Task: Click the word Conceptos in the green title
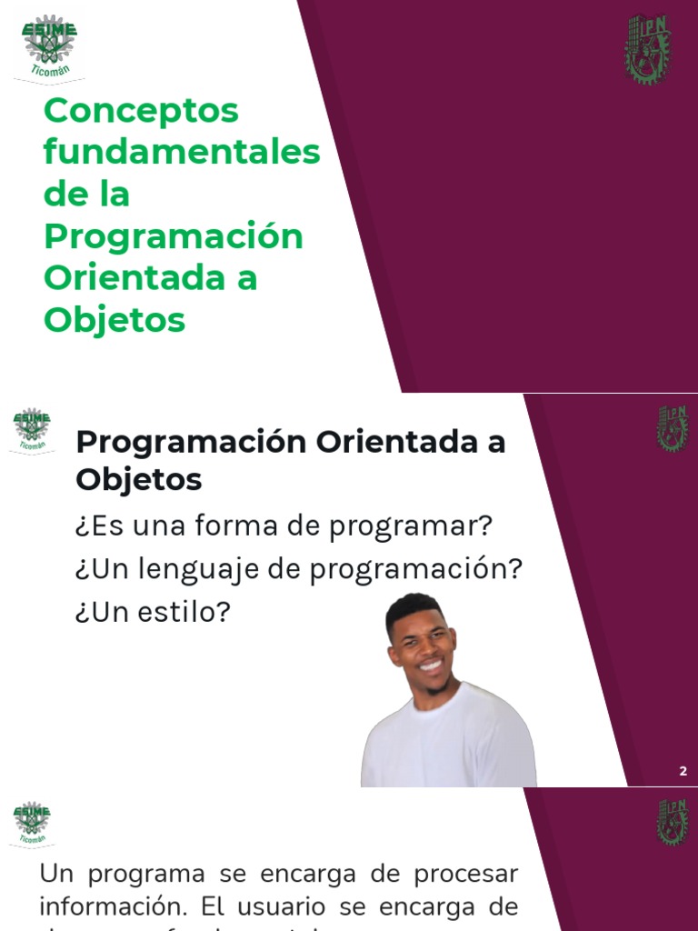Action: click(x=140, y=111)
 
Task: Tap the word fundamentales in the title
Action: click(x=182, y=152)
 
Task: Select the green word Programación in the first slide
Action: click(x=173, y=236)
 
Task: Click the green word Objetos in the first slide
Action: click(x=115, y=319)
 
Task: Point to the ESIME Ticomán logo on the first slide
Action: click(x=49, y=46)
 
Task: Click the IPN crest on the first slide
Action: click(x=647, y=49)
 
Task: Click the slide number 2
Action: click(x=683, y=772)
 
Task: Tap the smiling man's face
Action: click(x=422, y=646)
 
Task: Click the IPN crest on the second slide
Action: click(x=673, y=428)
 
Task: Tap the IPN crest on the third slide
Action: click(x=673, y=822)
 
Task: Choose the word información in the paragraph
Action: click(x=95, y=906)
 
